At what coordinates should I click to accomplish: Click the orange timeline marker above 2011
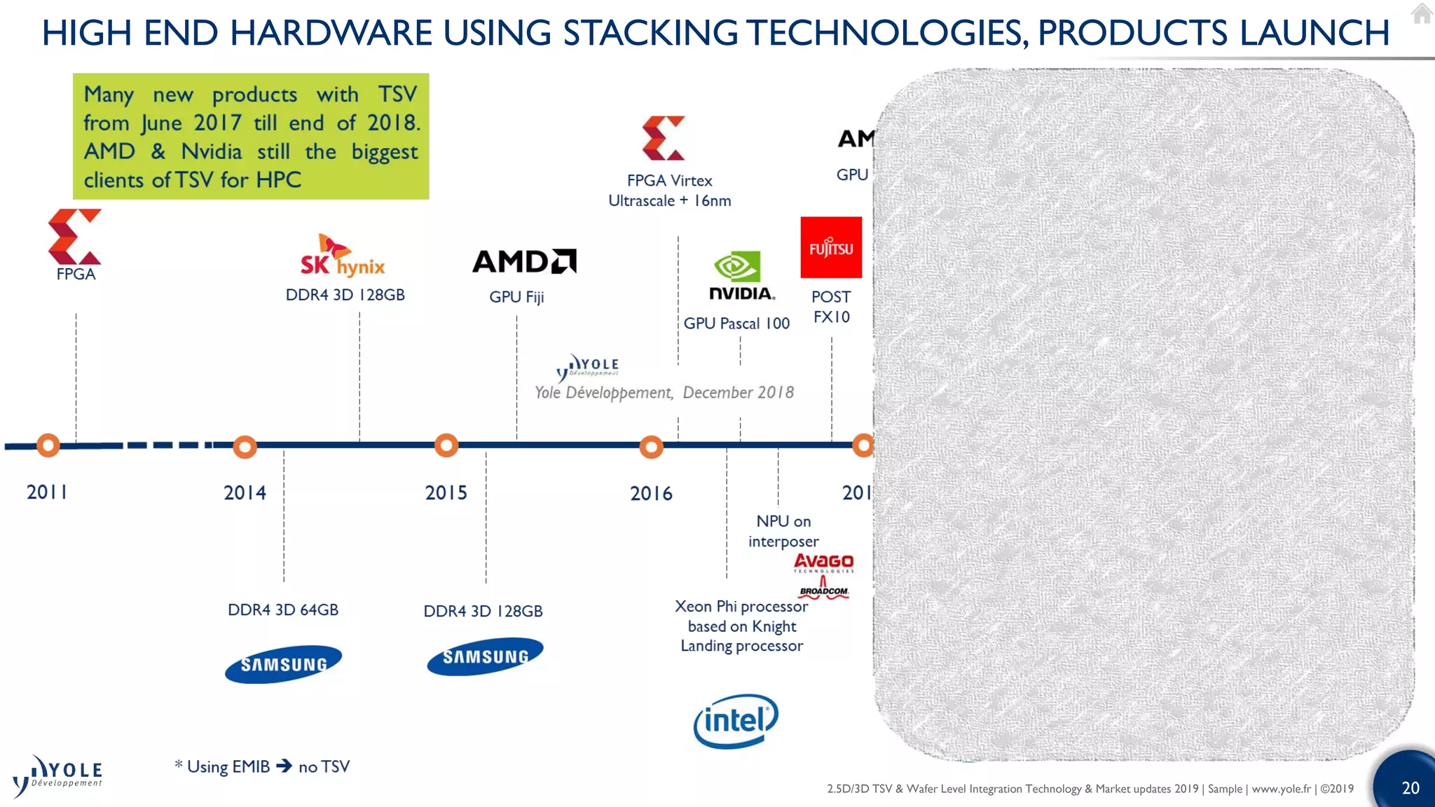(48, 445)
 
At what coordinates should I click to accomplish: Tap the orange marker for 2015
(446, 446)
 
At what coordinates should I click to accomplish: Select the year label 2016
(651, 494)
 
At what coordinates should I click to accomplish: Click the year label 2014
(245, 493)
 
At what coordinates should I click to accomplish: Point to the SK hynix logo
(343, 256)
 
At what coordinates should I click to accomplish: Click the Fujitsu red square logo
(831, 247)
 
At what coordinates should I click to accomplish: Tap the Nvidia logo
(741, 276)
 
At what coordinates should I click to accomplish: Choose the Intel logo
(736, 721)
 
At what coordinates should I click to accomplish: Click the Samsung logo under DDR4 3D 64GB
(283, 663)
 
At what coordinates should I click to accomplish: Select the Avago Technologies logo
(824, 563)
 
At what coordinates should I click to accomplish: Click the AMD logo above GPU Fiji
(524, 261)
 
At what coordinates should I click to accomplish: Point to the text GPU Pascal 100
(736, 324)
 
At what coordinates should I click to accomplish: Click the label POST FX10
(831, 307)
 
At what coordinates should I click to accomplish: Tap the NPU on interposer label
(783, 531)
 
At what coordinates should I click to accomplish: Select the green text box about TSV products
(251, 137)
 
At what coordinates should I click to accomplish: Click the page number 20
(1410, 788)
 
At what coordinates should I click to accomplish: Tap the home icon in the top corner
(1422, 13)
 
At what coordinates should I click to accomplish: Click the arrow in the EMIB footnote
(284, 766)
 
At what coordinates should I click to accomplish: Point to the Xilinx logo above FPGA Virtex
(663, 138)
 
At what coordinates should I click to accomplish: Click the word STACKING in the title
(650, 33)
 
